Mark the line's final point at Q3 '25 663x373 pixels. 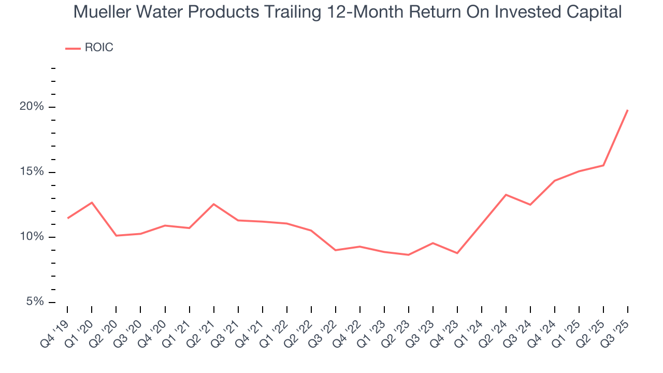[628, 110]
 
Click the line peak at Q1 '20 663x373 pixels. [92, 203]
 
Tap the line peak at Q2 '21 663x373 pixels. [213, 204]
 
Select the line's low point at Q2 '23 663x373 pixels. [409, 255]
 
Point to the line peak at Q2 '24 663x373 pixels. [506, 195]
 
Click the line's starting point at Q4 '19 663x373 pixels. [67, 218]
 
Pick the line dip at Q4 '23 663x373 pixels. [457, 253]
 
